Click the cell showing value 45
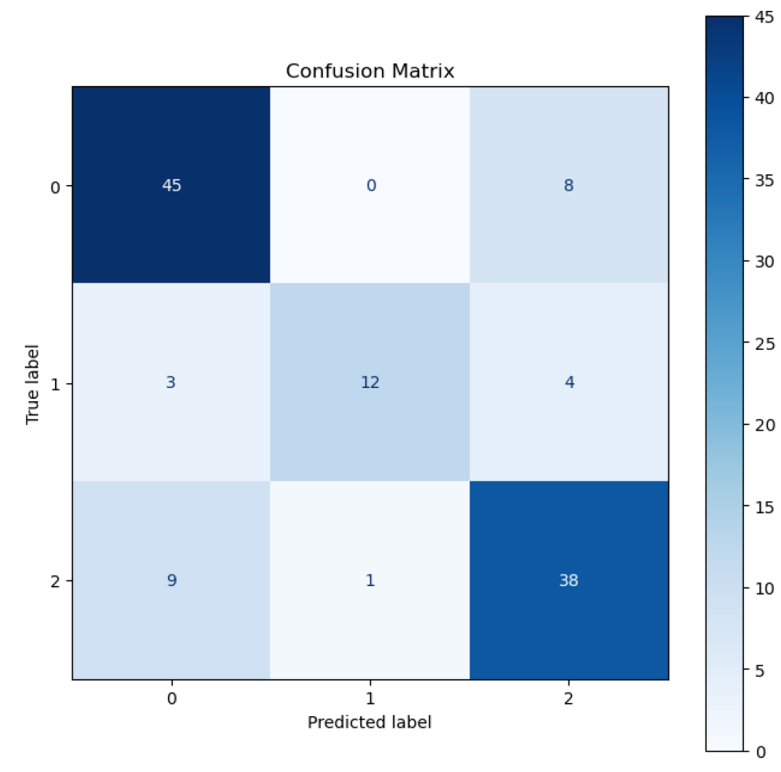coord(171,186)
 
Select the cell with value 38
coord(569,580)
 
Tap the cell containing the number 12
coord(370,383)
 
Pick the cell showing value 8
coord(569,186)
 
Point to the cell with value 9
coord(171,580)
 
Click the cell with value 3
coord(171,383)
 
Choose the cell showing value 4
coord(569,383)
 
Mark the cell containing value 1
coord(370,580)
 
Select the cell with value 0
coord(370,186)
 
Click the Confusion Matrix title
coord(370,71)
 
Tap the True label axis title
coord(33,383)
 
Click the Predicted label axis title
coord(370,722)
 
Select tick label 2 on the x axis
coord(569,698)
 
